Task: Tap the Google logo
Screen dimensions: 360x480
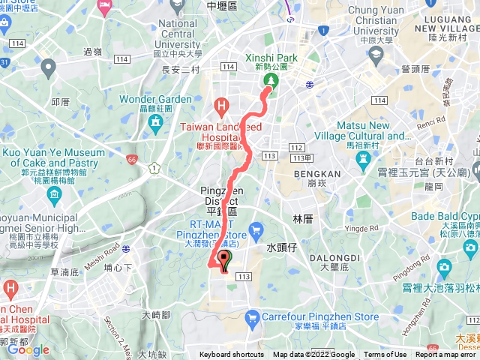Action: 28,350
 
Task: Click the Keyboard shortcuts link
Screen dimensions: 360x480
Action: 232,355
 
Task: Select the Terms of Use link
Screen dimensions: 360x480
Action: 385,355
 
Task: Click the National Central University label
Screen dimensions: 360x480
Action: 178,34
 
